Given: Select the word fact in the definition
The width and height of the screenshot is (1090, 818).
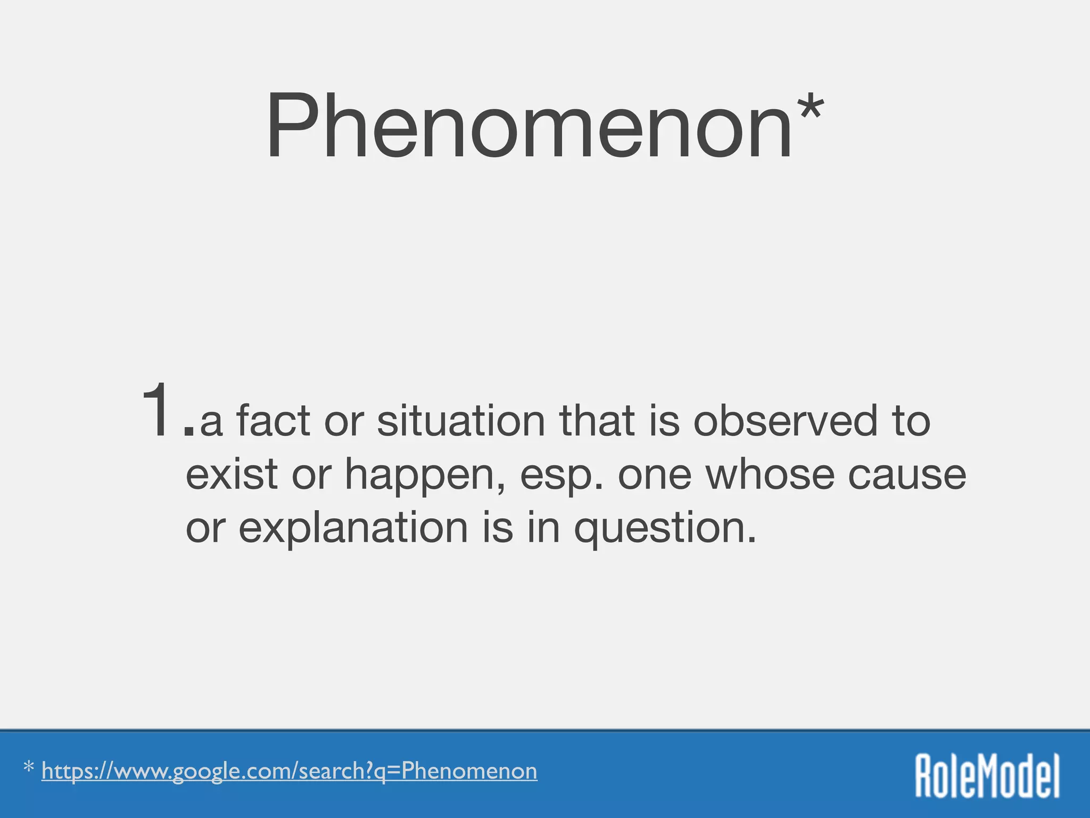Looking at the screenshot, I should coord(273,421).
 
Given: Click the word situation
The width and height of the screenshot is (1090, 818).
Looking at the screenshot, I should coord(461,421).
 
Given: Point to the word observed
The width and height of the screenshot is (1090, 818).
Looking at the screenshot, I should coord(786,421).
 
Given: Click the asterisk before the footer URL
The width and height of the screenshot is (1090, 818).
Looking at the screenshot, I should coord(29,768).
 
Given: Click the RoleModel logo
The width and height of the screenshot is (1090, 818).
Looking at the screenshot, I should coord(987,775).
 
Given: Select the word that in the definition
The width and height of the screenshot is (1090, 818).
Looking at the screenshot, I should coord(596,421).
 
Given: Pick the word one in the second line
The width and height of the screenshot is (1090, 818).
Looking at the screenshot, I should coord(655,475).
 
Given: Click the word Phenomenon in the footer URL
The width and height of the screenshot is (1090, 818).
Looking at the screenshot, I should coord(469,771).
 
